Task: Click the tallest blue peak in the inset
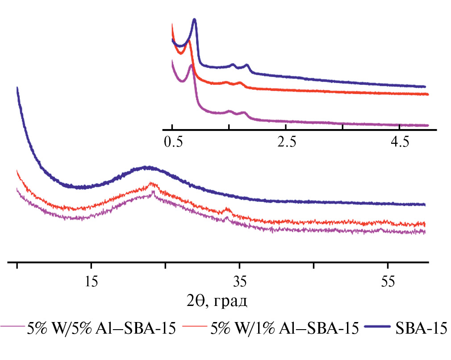tap(195, 20)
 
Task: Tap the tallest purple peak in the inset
tap(191, 66)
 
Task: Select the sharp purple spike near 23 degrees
tap(154, 192)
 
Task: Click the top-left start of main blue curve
tap(17, 88)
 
